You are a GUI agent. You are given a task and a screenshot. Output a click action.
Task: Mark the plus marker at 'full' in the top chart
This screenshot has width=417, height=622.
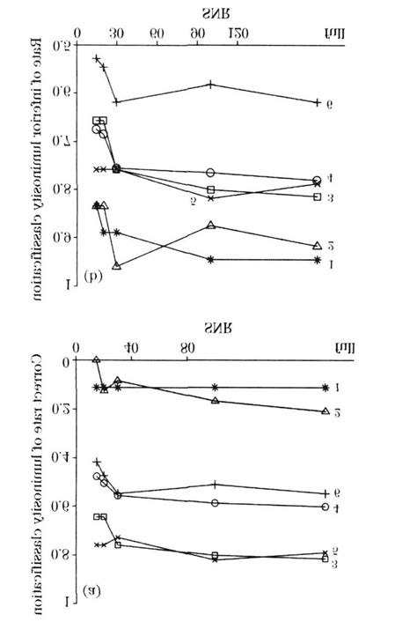(x=317, y=102)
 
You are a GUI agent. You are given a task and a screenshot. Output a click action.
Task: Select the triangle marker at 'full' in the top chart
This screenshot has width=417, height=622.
(x=317, y=246)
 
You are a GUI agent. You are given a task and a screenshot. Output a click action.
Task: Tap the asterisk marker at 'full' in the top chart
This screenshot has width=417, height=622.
(x=317, y=259)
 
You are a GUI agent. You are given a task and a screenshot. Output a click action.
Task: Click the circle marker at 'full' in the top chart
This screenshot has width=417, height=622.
(x=317, y=179)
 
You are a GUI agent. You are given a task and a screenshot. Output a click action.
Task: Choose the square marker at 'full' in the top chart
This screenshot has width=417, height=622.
(x=317, y=196)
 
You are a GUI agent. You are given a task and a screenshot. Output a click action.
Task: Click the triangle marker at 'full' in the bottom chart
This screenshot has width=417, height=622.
(x=325, y=411)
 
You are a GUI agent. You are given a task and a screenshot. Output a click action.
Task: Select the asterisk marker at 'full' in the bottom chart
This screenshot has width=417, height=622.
(x=325, y=388)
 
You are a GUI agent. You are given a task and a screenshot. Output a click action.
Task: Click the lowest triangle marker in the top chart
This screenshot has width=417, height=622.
(x=117, y=265)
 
